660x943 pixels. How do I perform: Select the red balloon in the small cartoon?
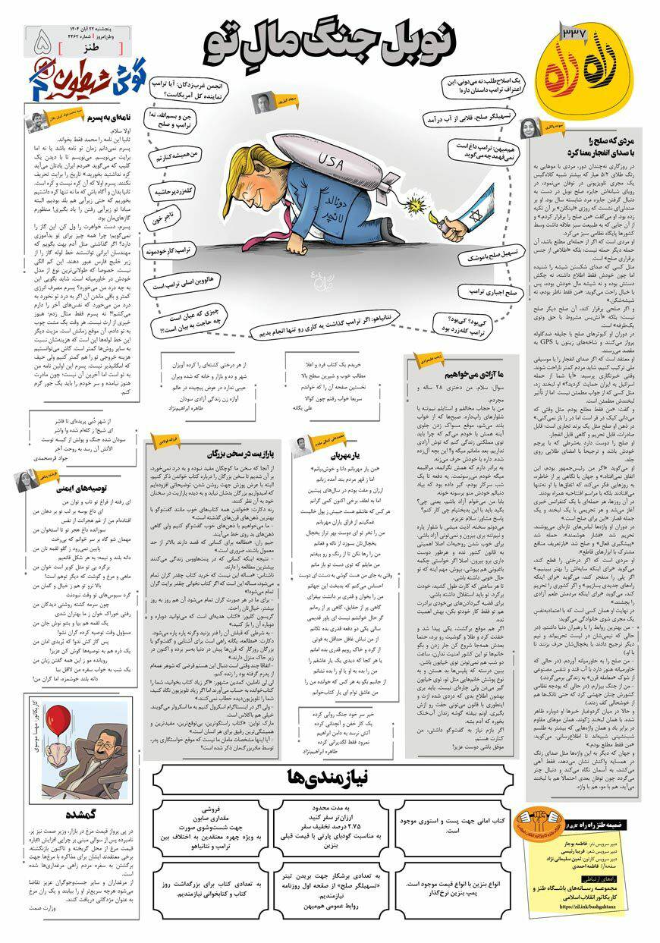(x=58, y=719)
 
